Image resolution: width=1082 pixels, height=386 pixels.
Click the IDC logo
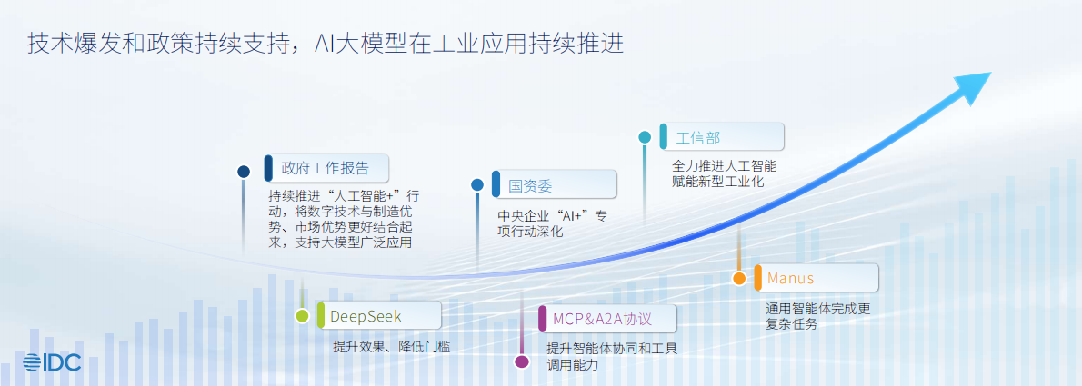(x=52, y=362)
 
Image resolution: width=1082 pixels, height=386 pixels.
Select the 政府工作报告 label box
(x=326, y=168)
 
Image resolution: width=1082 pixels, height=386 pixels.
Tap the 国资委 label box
(x=554, y=184)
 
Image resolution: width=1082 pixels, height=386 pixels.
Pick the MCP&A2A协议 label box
(x=607, y=318)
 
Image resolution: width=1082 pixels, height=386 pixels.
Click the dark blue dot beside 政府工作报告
(x=244, y=172)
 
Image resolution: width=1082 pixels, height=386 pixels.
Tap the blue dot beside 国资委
(x=477, y=184)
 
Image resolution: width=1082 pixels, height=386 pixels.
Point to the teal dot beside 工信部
(x=645, y=138)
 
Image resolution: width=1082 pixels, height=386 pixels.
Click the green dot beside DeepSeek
(x=302, y=316)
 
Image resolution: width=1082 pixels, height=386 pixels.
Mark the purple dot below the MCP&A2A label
(x=522, y=361)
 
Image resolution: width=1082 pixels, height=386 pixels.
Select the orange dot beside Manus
(x=739, y=278)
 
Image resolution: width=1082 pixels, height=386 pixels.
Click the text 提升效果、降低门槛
(x=391, y=347)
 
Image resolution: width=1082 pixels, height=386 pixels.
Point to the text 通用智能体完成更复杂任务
(x=818, y=316)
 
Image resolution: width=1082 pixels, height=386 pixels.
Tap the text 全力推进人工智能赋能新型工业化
(x=725, y=173)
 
